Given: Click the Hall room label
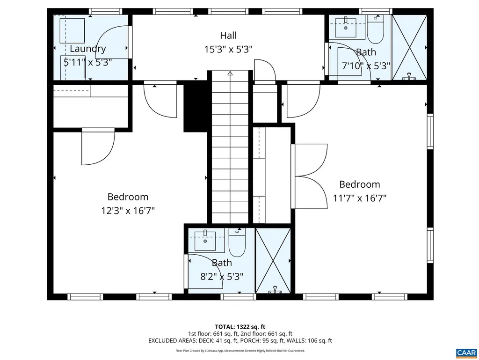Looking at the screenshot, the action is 228,36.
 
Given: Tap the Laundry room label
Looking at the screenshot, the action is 87,49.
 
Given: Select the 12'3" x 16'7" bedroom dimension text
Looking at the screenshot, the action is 128,211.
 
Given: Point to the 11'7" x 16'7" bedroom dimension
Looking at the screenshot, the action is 360,198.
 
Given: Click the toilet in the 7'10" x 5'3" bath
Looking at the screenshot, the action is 376,29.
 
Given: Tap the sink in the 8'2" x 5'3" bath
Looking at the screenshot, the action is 205,241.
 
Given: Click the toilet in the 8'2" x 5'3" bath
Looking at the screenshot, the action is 237,243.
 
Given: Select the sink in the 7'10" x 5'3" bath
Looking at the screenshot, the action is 346,28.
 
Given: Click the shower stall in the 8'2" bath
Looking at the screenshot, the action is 273,261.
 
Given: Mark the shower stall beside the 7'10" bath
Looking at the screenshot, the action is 409,47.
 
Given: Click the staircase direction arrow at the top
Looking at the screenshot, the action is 230,73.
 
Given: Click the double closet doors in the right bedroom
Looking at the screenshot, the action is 309,176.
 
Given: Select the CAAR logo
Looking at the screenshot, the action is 466,353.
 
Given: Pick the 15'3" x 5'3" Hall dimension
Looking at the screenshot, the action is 228,49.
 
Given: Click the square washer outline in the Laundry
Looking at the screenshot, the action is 72,30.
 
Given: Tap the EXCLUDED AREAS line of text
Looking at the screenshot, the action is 240,341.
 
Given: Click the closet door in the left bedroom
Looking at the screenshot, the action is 98,147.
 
